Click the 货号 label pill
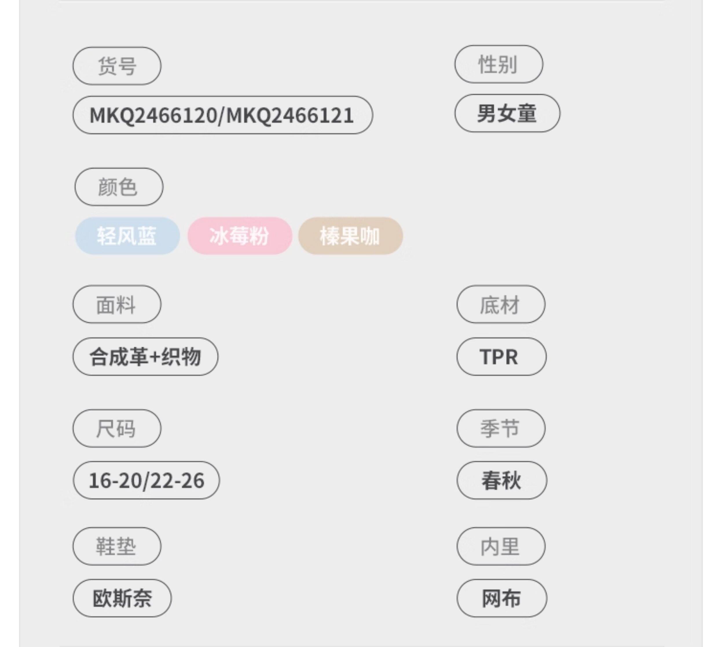[117, 66]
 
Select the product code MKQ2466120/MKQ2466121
[223, 115]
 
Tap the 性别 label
[499, 64]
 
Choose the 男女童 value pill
[507, 113]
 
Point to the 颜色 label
[119, 187]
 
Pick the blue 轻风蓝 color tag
[127, 236]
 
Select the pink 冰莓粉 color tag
[240, 236]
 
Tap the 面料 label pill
[117, 304]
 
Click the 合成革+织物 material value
[145, 357]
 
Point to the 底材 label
[501, 304]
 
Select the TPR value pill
[501, 357]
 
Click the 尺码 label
[117, 428]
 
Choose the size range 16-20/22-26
[146, 480]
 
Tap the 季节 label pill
[501, 428]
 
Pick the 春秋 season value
[501, 480]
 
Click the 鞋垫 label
[117, 546]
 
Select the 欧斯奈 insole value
[122, 598]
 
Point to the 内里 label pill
[501, 546]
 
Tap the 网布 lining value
[501, 598]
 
